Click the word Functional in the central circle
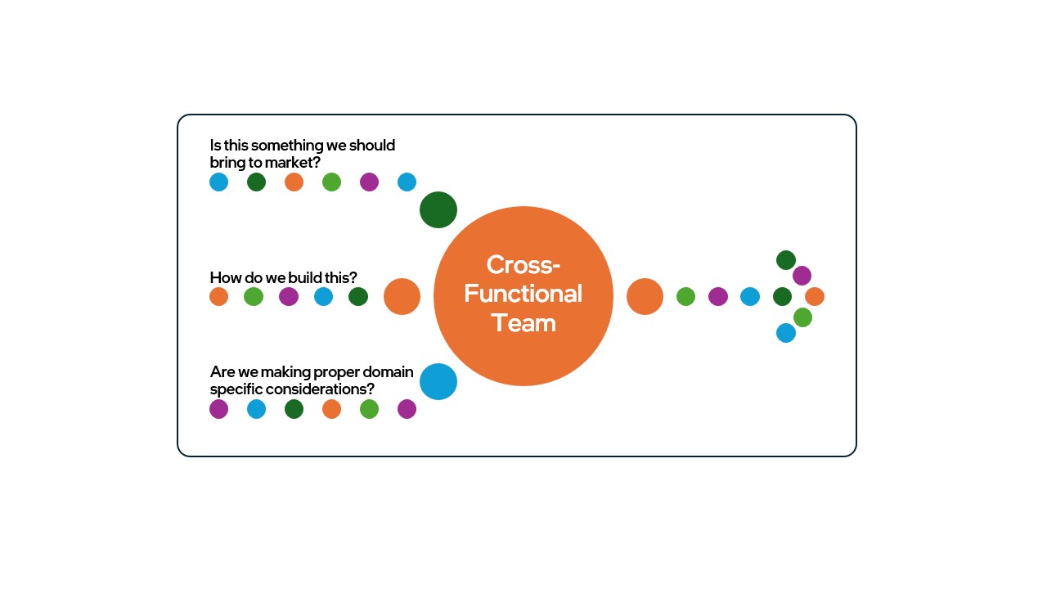(x=523, y=294)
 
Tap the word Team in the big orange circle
(x=523, y=322)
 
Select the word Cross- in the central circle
(x=523, y=265)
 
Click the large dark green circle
(x=438, y=210)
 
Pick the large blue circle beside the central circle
(x=438, y=382)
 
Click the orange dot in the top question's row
(x=294, y=182)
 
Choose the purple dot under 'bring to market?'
(x=369, y=182)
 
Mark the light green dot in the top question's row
(x=331, y=182)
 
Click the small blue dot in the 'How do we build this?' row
(x=323, y=297)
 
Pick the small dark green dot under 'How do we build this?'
(x=358, y=297)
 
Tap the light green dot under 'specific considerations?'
(x=369, y=409)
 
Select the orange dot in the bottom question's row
(x=331, y=409)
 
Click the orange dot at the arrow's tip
(x=815, y=297)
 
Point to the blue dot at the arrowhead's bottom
(x=786, y=333)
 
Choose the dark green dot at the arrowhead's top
(x=786, y=260)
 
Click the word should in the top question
(x=372, y=146)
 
